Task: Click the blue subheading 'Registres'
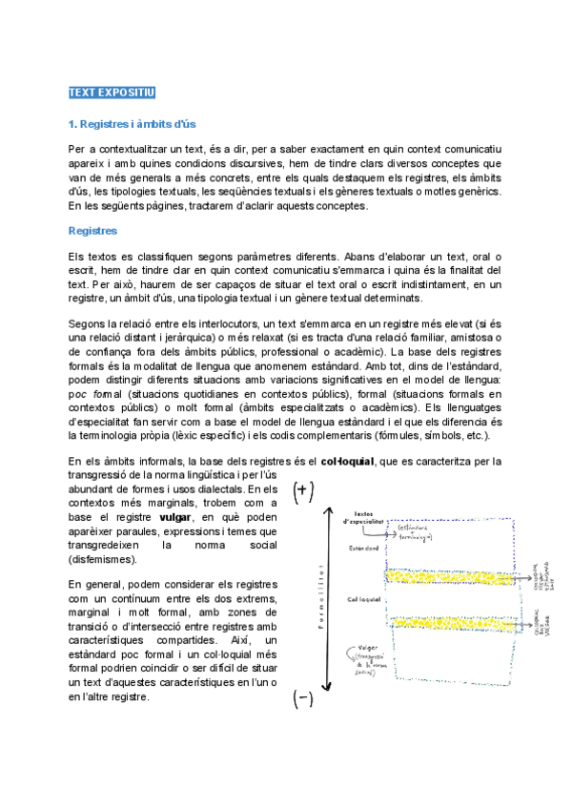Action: (92, 230)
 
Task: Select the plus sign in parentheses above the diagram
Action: (302, 492)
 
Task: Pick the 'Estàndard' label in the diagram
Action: (364, 549)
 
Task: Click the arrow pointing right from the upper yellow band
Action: (523, 577)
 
